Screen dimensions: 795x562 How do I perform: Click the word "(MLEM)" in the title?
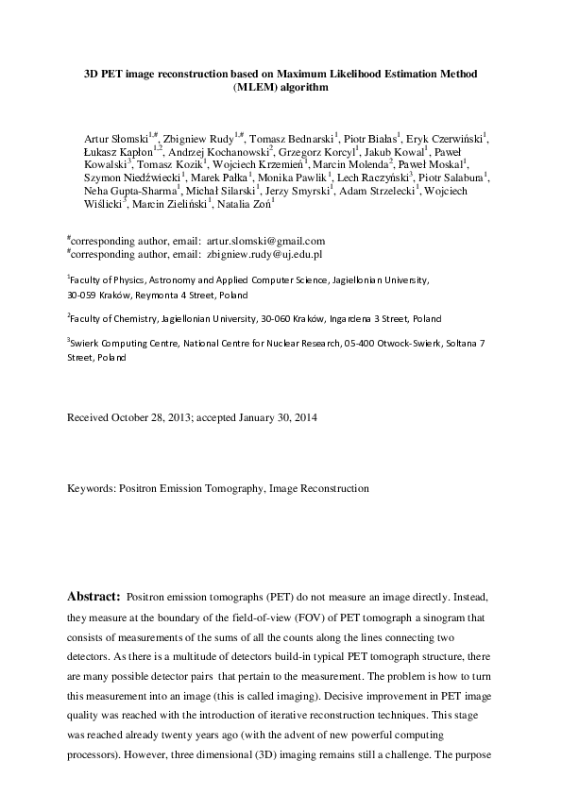pyautogui.click(x=251, y=87)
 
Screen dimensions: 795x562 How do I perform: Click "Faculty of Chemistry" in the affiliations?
pyautogui.click(x=110, y=319)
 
